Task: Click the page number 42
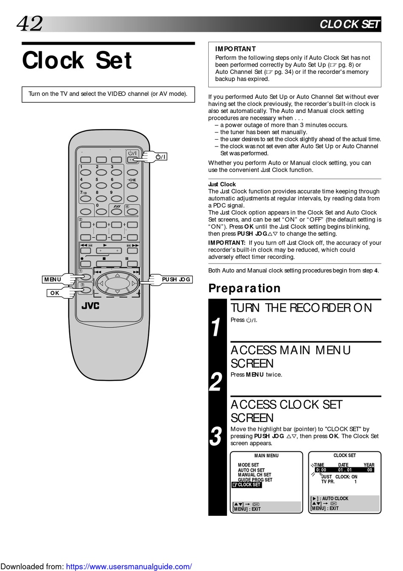[x=30, y=24]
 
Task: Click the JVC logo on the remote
[x=90, y=306]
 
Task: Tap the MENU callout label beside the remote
[x=53, y=279]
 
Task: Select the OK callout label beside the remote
[x=55, y=293]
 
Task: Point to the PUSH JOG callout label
[x=176, y=279]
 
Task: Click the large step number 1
[x=216, y=328]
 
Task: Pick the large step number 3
[x=216, y=436]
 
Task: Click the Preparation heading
[x=244, y=288]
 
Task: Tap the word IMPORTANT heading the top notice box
[x=235, y=49]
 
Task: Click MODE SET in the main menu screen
[x=248, y=465]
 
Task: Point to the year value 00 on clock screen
[x=369, y=470]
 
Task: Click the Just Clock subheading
[x=222, y=184]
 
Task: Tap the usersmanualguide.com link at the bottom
[x=129, y=566]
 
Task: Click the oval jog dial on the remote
[x=118, y=283]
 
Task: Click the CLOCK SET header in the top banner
[x=350, y=24]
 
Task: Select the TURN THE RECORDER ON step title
[x=301, y=308]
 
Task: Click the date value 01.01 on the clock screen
[x=345, y=470]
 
